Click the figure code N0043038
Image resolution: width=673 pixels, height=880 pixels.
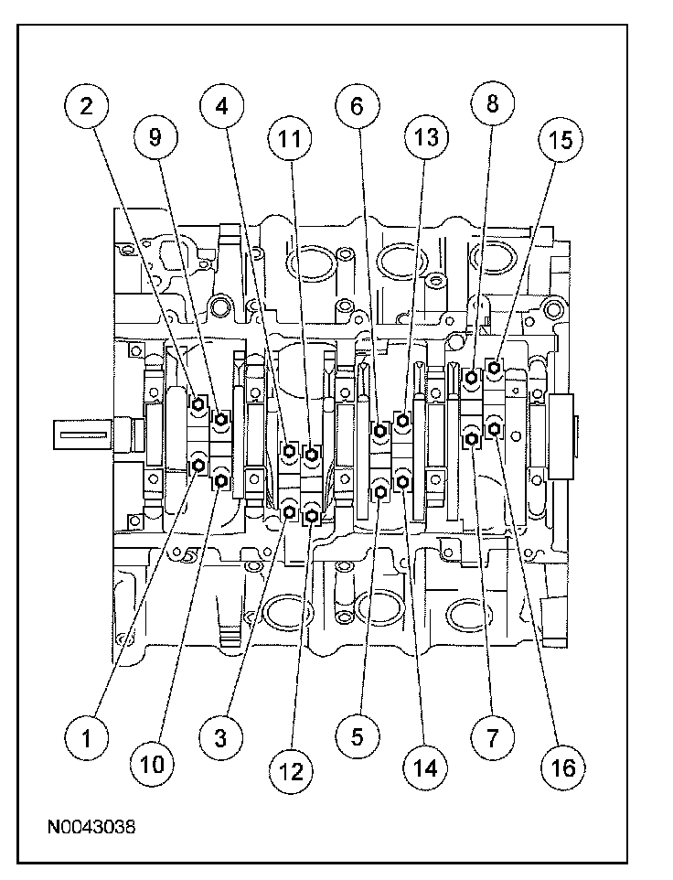(x=91, y=827)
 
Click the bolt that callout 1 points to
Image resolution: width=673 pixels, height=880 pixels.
(x=198, y=465)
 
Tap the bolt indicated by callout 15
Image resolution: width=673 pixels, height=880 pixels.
(x=494, y=368)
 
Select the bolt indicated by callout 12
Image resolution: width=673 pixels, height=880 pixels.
(x=313, y=515)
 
